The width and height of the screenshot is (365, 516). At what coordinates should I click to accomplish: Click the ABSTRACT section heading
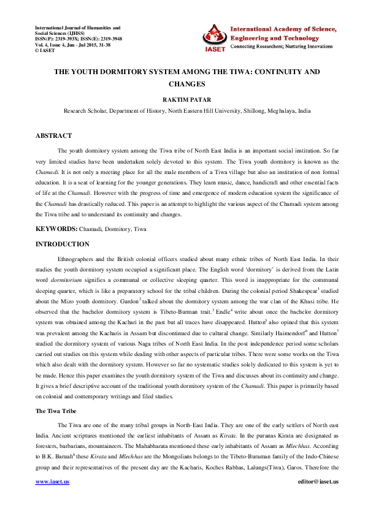(53, 135)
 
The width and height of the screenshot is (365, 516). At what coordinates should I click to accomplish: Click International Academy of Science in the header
(283, 28)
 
